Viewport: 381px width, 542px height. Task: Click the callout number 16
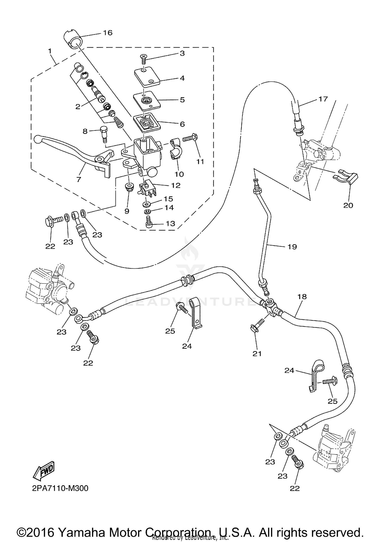coord(108,33)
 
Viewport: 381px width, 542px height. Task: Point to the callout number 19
coord(292,247)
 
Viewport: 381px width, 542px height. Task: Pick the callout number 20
coord(348,205)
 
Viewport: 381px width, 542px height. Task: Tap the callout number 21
coord(257,353)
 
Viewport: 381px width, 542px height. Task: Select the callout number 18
coord(302,296)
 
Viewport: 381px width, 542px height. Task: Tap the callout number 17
coord(323,99)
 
